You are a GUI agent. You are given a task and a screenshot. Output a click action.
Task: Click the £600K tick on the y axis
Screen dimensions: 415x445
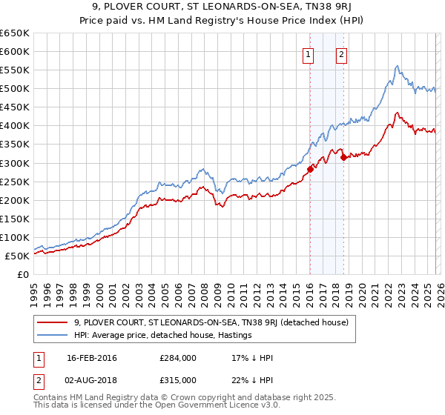pyautogui.click(x=15, y=51)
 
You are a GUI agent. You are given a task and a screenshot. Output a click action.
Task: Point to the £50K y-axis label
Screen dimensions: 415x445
pyautogui.click(x=17, y=256)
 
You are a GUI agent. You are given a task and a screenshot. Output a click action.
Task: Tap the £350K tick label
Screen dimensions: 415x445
pyautogui.click(x=15, y=144)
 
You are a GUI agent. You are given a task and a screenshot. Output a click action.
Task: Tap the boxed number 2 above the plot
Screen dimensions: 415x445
pyautogui.click(x=341, y=53)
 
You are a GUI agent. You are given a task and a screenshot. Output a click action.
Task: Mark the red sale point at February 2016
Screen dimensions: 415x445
pyautogui.click(x=310, y=168)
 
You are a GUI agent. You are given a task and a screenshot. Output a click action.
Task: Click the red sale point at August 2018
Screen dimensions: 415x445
pyautogui.click(x=343, y=157)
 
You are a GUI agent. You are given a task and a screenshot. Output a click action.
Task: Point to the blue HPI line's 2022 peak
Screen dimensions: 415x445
pyautogui.click(x=398, y=66)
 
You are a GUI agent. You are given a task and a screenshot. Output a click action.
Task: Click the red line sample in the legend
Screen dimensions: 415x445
pyautogui.click(x=53, y=322)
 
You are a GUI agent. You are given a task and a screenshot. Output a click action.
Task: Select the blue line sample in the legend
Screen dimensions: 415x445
pyautogui.click(x=53, y=335)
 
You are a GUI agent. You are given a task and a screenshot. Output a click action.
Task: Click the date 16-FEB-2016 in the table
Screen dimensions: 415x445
pyautogui.click(x=91, y=358)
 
